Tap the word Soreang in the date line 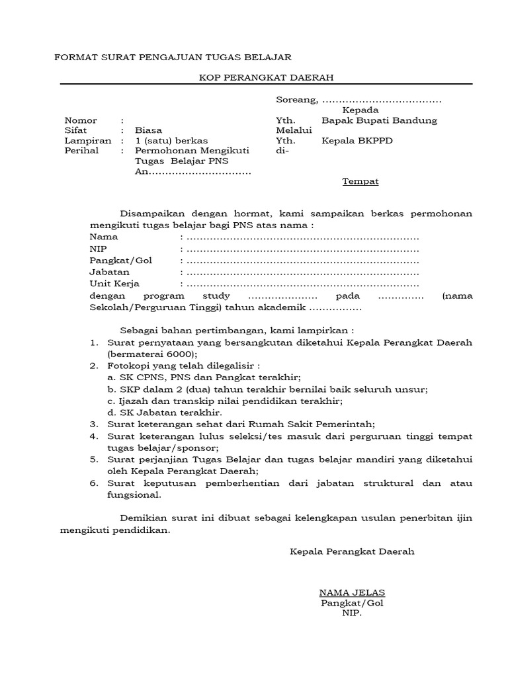pos(296,100)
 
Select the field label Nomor pos(81,120)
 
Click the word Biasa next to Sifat pos(148,130)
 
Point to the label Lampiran pos(88,141)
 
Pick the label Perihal pos(81,151)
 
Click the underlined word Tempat pos(360,181)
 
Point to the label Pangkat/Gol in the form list pos(121,260)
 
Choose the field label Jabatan pos(110,272)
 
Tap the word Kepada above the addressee pos(360,110)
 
